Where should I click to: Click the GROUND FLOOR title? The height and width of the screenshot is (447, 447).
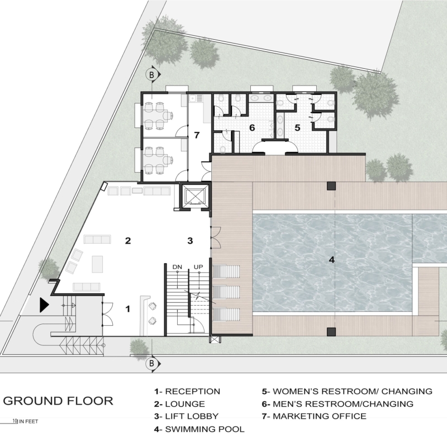pyautogui.click(x=58, y=401)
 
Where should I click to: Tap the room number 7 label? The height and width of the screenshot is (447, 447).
pyautogui.click(x=197, y=135)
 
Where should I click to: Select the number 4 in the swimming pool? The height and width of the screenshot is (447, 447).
pyautogui.click(x=331, y=260)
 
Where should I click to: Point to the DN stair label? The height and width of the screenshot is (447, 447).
pyautogui.click(x=177, y=267)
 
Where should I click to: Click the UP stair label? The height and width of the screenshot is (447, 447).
pyautogui.click(x=198, y=267)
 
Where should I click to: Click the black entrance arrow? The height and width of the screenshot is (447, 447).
pyautogui.click(x=44, y=305)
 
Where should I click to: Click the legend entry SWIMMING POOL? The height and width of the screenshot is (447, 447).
pyautogui.click(x=199, y=429)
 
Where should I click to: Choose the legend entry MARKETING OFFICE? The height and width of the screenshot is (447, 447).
pyautogui.click(x=314, y=416)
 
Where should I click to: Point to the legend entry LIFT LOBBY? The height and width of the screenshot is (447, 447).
pyautogui.click(x=187, y=416)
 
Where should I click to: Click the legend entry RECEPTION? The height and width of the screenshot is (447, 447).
pyautogui.click(x=187, y=392)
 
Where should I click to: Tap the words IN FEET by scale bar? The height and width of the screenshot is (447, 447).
pyautogui.click(x=28, y=421)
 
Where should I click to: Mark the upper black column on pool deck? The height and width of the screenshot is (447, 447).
pyautogui.click(x=331, y=186)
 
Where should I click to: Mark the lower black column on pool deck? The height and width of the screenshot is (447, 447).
pyautogui.click(x=331, y=331)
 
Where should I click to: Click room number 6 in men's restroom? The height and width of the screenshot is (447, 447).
pyautogui.click(x=252, y=128)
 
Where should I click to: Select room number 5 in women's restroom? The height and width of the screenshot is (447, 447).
pyautogui.click(x=297, y=128)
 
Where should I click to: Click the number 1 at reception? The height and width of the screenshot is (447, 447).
pyautogui.click(x=128, y=309)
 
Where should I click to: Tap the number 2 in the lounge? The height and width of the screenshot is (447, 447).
pyautogui.click(x=128, y=241)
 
